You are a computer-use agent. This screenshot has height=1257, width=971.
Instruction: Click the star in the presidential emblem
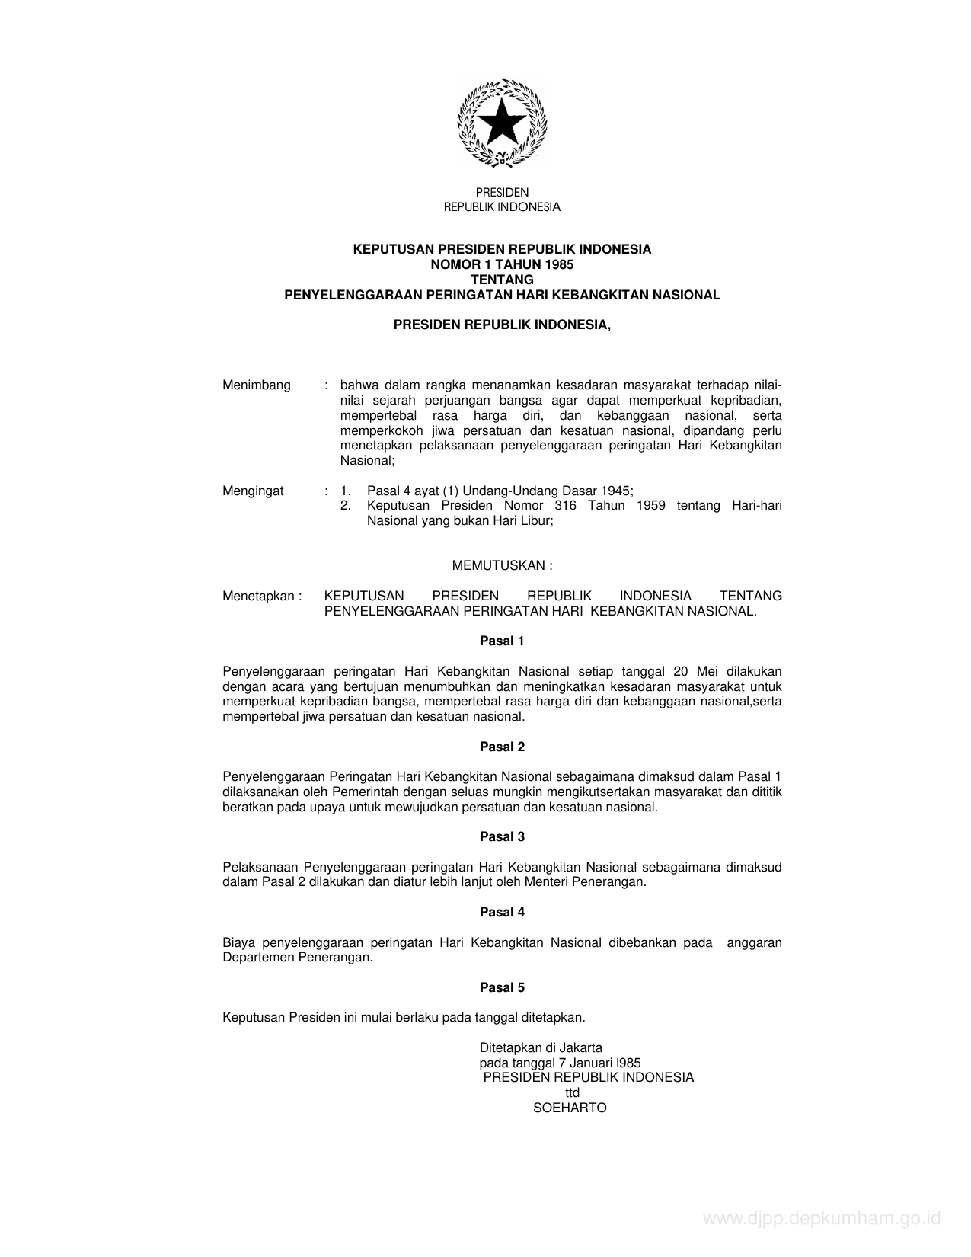click(501, 120)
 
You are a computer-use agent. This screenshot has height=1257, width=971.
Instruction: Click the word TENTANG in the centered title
click(502, 280)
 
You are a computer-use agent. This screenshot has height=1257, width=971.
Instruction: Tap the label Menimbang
click(256, 385)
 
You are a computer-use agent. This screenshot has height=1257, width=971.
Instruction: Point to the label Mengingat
click(253, 491)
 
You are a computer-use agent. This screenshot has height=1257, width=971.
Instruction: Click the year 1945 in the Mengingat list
click(615, 491)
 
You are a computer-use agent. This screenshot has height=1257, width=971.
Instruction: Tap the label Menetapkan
click(259, 596)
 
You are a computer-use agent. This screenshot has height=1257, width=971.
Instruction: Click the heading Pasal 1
click(502, 641)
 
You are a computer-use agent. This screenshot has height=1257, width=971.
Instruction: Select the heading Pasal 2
click(502, 747)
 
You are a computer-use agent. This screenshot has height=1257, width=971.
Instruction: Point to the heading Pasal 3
click(502, 836)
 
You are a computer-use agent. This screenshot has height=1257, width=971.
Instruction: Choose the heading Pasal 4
click(502, 912)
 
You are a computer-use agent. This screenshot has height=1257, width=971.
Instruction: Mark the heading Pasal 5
click(502, 987)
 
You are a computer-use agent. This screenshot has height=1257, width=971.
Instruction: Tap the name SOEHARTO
click(570, 1108)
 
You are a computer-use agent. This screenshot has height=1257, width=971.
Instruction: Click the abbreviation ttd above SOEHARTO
click(572, 1092)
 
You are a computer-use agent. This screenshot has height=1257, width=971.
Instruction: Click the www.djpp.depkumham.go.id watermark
click(822, 1219)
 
